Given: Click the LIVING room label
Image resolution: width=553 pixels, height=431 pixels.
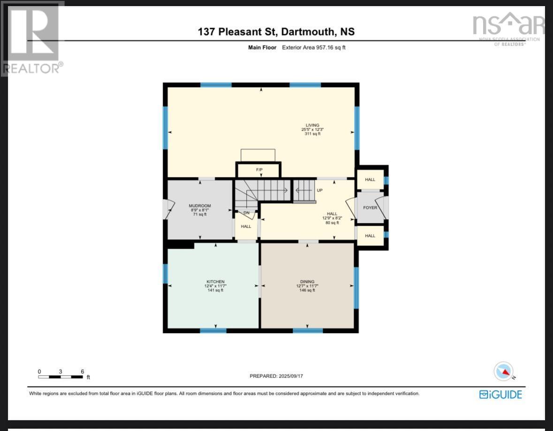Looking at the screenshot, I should [310, 126].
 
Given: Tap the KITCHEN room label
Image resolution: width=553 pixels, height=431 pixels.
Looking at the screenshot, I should [214, 282].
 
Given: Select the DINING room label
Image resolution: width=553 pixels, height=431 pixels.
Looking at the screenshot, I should [307, 282].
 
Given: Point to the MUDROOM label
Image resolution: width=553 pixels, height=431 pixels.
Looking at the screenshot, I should [200, 206].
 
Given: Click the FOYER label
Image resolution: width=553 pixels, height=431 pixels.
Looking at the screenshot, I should [370, 208].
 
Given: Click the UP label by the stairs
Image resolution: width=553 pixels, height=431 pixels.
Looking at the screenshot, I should [320, 191].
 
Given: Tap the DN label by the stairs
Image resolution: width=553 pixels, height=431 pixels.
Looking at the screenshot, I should [246, 213].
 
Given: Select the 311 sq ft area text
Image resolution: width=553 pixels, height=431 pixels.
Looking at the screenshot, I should [310, 134].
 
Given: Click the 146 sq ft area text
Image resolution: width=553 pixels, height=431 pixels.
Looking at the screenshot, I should [307, 290].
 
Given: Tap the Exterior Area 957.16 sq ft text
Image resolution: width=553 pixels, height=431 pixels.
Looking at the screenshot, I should [313, 47].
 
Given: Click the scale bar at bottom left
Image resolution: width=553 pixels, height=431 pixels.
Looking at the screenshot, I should [61, 376].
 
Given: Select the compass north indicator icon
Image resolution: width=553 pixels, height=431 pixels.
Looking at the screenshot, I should [503, 372].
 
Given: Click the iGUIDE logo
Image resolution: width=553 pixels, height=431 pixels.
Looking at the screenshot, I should [500, 394].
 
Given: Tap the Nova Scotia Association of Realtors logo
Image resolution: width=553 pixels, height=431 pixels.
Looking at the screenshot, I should [508, 28].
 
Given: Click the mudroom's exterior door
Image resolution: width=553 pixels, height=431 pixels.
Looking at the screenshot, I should [166, 209].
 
